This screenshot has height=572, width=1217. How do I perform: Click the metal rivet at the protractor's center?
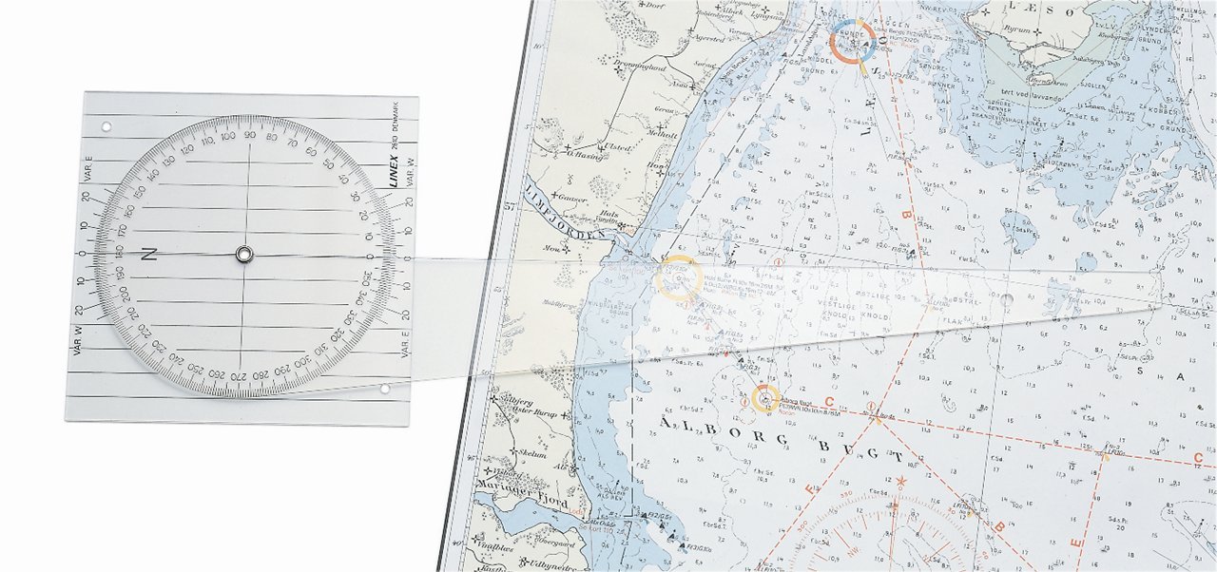click(244, 254)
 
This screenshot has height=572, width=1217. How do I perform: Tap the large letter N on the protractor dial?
click(148, 254)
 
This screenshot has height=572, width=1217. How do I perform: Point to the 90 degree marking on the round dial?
click(248, 136)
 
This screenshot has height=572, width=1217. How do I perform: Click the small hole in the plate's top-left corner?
click(106, 124)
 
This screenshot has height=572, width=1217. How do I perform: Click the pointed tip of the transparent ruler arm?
click(1166, 304)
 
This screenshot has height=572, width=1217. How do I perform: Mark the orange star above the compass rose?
click(900, 482)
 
